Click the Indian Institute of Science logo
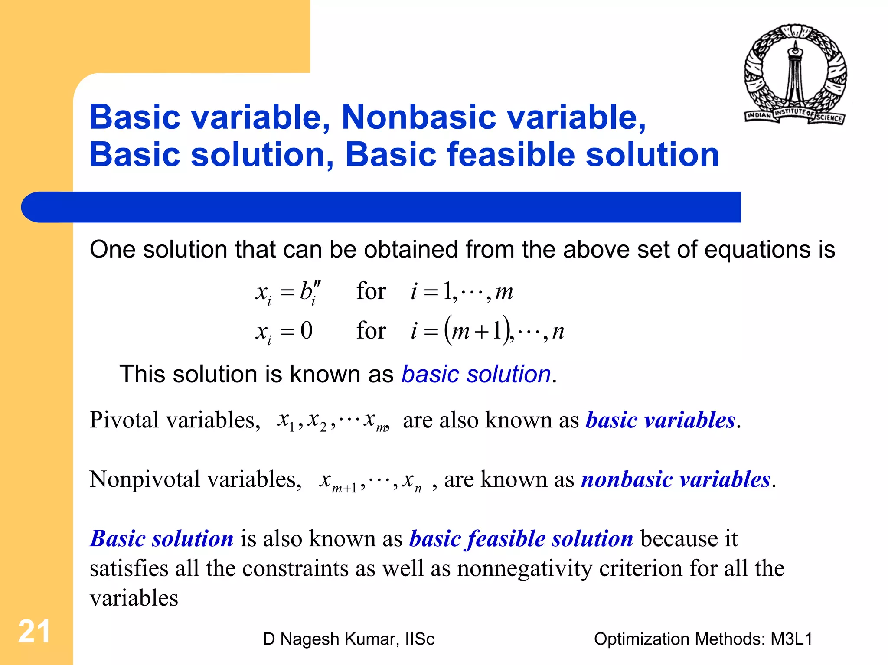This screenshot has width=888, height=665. tap(795, 75)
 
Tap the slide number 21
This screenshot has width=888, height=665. tap(34, 632)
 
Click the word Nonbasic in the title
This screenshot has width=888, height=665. tap(418, 117)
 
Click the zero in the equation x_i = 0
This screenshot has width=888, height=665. tap(307, 331)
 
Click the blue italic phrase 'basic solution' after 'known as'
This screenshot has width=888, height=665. tap(476, 374)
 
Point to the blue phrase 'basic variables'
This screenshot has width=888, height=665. tap(660, 420)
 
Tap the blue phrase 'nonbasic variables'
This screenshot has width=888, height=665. tap(676, 479)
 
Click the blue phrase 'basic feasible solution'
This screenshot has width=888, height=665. tap(521, 539)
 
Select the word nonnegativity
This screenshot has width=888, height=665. tap(524, 568)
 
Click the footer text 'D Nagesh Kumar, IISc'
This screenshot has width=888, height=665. tap(349, 639)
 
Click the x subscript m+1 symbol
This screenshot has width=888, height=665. tap(337, 481)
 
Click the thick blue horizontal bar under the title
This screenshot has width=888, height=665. tap(381, 207)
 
